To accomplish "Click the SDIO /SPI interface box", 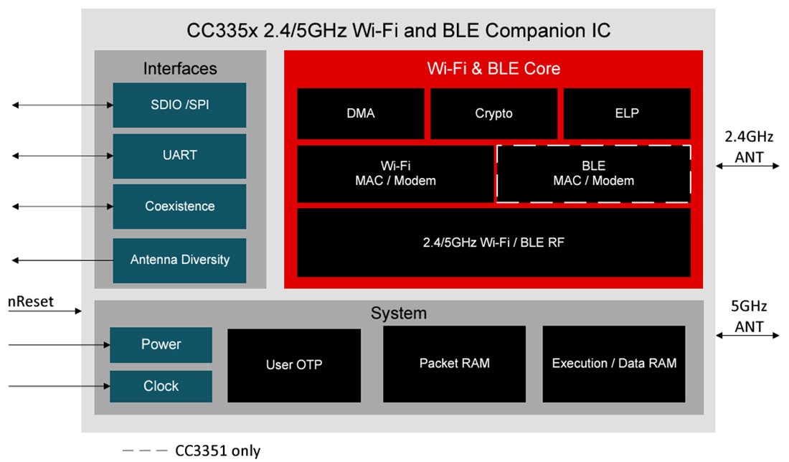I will click(179, 105).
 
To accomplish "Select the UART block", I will click(179, 155).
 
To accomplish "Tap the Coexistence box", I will click(179, 206).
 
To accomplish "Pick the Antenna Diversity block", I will click(179, 260).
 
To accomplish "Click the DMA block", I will click(360, 113).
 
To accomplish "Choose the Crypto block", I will click(493, 113).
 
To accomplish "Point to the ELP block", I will click(626, 113).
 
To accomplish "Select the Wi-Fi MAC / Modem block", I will click(395, 174).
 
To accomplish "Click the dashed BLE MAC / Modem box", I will click(593, 174).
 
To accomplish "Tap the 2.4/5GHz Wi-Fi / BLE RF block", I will click(493, 242).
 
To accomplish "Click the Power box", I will click(161, 344).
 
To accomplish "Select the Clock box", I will click(161, 386).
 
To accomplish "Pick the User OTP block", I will click(294, 364).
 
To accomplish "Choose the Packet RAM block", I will click(454, 363).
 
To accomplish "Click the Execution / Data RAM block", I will click(613, 363).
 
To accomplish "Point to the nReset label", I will click(31, 301).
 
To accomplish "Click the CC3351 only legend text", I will click(218, 451).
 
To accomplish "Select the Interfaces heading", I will click(180, 69).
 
